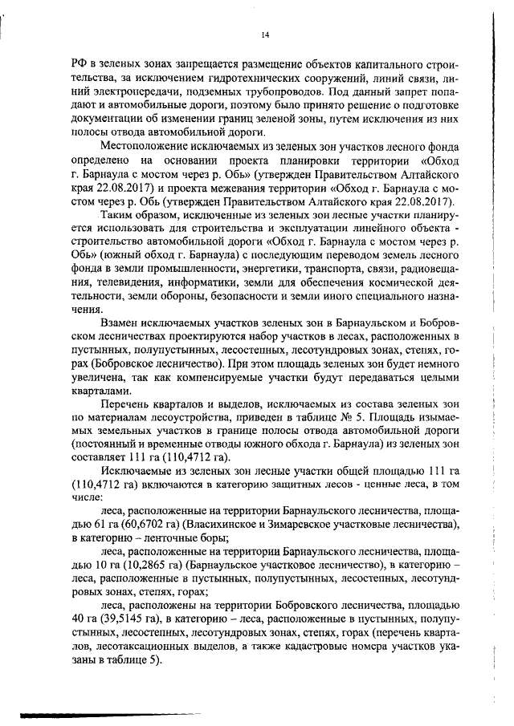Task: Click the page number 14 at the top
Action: tap(266, 34)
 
